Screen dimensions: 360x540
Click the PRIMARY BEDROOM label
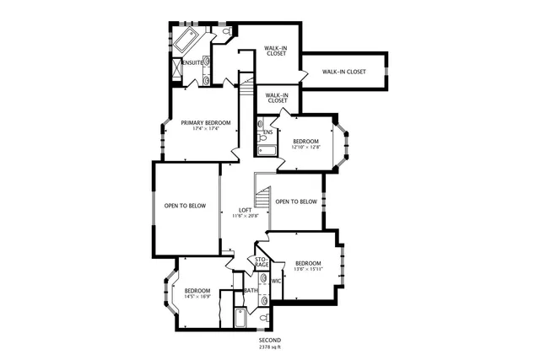pos(205,123)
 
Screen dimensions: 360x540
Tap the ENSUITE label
pos(192,62)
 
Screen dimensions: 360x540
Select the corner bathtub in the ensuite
pos(186,39)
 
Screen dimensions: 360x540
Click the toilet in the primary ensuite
pos(229,33)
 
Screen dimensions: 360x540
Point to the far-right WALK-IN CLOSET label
pos(343,72)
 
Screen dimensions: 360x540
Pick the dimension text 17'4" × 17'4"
pos(205,129)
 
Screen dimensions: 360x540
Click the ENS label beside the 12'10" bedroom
pos(267,132)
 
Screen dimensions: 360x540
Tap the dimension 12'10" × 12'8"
pos(305,147)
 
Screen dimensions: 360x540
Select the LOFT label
pos(245,210)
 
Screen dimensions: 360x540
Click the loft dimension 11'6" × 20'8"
pos(245,216)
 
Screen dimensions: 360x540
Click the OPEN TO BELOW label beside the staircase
pos(296,201)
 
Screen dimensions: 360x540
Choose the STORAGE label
pos(262,261)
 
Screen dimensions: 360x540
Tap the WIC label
pos(276,281)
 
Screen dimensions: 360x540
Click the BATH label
pos(251,291)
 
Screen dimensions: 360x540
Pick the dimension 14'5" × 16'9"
pos(197,297)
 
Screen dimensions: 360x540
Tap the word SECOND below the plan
pos(270,340)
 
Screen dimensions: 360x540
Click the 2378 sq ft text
pos(270,347)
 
